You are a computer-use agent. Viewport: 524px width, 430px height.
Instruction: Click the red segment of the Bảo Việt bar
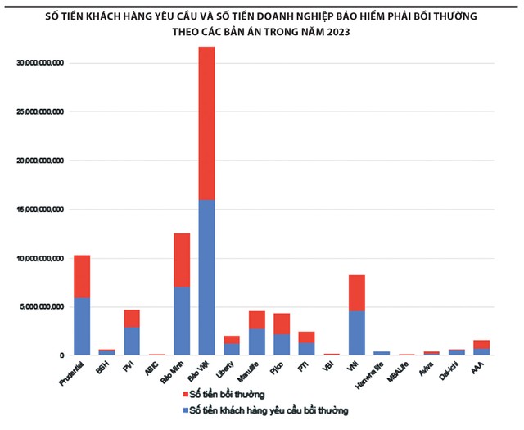[207, 123]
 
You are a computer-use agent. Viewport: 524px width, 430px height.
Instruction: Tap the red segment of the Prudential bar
[82, 276]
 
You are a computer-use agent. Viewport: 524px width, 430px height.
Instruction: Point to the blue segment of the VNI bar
[356, 333]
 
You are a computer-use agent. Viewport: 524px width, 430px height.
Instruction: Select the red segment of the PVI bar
[132, 318]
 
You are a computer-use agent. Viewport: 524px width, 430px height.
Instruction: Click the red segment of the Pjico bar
[282, 324]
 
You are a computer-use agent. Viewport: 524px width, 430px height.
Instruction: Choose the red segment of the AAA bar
[481, 344]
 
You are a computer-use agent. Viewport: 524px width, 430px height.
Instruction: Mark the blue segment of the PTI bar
[306, 348]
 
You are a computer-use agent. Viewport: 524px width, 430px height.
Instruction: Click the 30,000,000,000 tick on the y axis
[40, 63]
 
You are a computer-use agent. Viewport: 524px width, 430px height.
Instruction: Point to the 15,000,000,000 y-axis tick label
[40, 210]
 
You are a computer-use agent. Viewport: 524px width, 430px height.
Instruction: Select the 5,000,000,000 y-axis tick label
[43, 307]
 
